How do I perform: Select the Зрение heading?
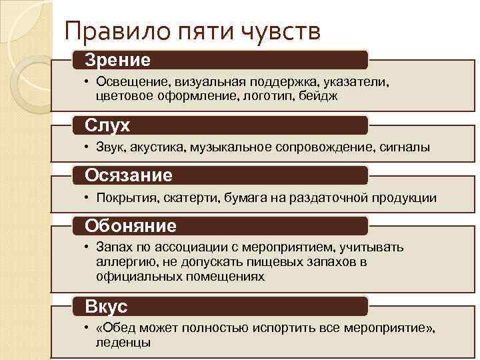coord(117,60)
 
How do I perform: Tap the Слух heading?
coord(107,125)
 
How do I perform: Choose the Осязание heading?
coord(128,175)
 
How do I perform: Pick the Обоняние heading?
coord(130,225)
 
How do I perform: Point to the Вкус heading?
coord(106,306)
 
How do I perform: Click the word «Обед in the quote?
coord(113,328)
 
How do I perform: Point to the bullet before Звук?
coord(87,147)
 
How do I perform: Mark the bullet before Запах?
coord(87,247)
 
